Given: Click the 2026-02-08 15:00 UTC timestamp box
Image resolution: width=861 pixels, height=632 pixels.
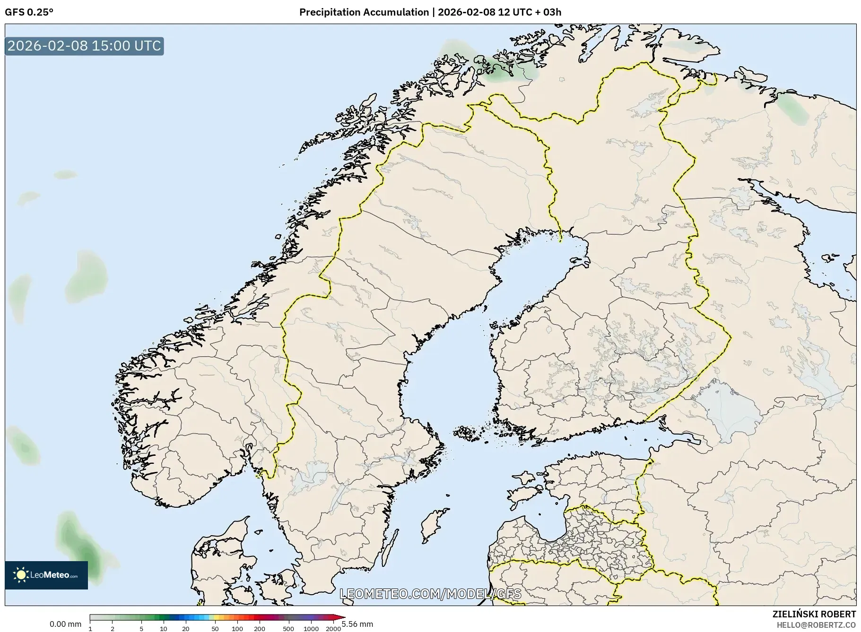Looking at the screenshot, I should pos(84,46).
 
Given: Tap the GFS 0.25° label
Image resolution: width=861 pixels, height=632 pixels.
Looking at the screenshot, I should pos(29,12).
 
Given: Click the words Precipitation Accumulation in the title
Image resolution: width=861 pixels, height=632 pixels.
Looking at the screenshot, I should pos(364,12).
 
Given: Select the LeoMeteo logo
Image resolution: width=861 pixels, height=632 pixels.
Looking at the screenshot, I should pos(46,575).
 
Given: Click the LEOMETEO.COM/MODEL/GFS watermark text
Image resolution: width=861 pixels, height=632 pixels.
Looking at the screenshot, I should pos(430,594).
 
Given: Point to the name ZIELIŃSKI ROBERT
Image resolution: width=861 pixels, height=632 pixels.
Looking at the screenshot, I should pos(814,614).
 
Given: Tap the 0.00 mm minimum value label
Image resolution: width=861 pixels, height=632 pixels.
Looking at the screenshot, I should pos(65,624).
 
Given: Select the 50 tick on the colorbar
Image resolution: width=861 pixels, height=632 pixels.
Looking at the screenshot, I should pos(215,628).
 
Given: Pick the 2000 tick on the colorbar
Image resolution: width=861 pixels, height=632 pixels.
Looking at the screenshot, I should pos(333,628).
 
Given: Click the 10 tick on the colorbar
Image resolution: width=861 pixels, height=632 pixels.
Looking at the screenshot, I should pos(163,628).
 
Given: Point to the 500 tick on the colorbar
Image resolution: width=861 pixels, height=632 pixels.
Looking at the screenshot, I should pos(288,628).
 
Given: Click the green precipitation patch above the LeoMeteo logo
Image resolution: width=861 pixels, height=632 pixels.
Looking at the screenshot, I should pos(80,543).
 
